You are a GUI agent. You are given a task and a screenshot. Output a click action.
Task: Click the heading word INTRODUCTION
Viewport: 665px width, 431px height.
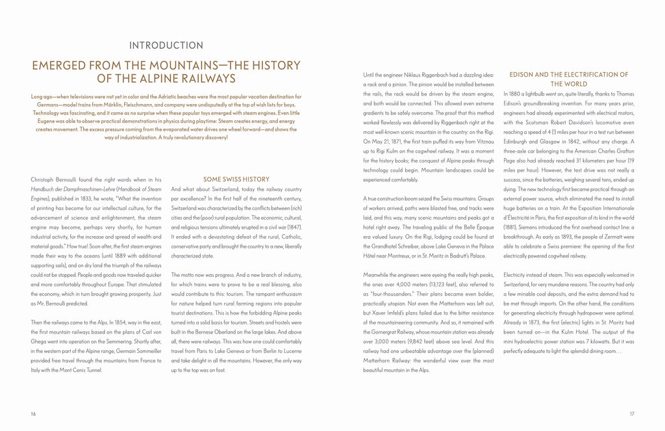point(166,46)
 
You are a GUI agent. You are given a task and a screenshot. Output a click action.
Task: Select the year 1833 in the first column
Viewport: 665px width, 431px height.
point(103,200)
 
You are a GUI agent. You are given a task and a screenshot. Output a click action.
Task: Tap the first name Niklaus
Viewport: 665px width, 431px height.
point(420,74)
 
